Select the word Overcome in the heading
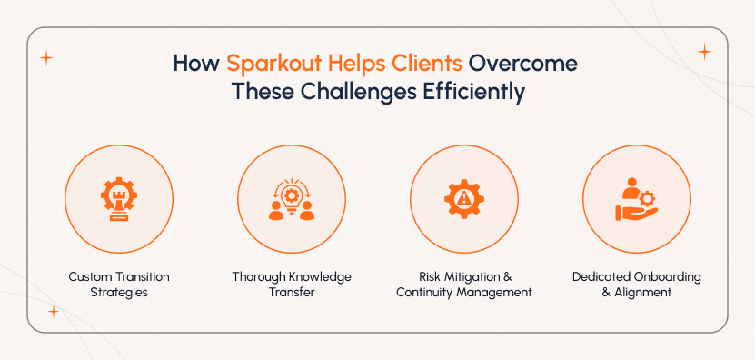point(526,65)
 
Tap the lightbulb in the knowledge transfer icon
point(292,196)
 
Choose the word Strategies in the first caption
point(119,293)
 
